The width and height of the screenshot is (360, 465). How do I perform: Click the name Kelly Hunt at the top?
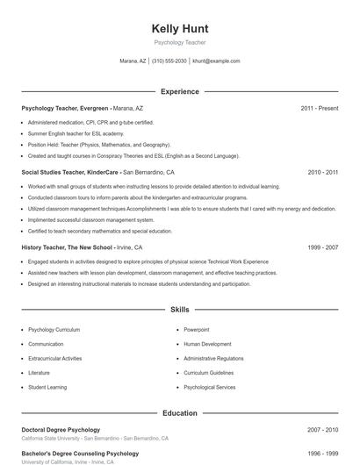coord(179,28)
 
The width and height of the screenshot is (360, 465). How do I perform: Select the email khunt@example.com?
coord(216,61)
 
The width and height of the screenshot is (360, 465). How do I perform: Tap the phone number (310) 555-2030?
coord(169,61)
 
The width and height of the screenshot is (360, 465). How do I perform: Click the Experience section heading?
coord(179,91)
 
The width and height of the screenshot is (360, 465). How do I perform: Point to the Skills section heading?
coord(179,310)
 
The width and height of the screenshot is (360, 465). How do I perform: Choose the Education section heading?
coord(179,412)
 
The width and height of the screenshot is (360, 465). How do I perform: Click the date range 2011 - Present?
coord(319,108)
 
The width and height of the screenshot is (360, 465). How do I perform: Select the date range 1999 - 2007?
coord(322,247)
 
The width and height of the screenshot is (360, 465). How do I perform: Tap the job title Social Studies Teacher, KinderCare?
coord(70,173)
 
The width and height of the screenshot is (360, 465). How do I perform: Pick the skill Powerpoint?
coord(197,330)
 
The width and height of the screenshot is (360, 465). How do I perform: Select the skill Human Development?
coord(207,344)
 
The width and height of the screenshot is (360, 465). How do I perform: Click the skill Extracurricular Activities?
coord(54,358)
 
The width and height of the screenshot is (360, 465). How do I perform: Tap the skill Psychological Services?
coord(209,387)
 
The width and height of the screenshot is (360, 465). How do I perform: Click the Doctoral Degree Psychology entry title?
coord(61,430)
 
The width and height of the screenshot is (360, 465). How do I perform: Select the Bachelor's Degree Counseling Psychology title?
coord(80,454)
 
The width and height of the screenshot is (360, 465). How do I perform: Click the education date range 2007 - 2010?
coord(322,430)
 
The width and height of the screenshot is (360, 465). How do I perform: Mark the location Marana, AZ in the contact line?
coord(133,61)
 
